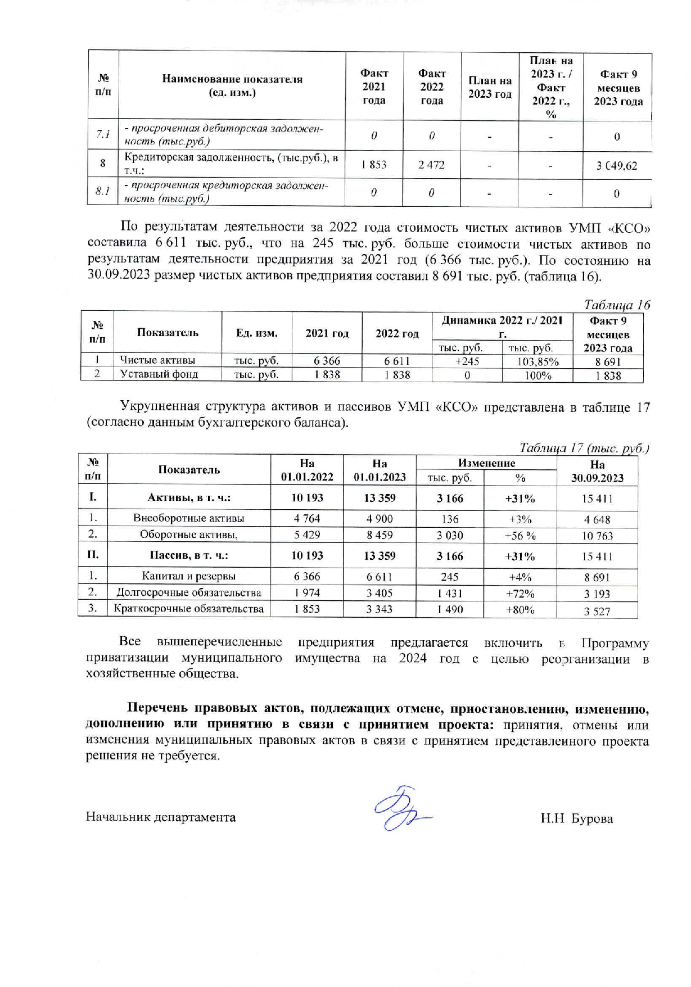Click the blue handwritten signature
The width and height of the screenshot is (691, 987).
[400, 809]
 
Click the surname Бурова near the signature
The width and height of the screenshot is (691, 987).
[592, 818]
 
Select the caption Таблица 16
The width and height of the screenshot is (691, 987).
[617, 305]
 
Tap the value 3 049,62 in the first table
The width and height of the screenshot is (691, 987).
[617, 166]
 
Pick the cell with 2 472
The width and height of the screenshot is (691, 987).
[431, 165]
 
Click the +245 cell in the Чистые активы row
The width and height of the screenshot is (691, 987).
[467, 361]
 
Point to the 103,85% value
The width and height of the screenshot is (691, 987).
[538, 361]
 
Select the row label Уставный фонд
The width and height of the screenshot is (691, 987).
[159, 374]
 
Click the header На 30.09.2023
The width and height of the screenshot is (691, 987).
[597, 471]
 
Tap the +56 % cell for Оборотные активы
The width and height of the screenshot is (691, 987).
[520, 536]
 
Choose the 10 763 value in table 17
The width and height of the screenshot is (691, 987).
[597, 536]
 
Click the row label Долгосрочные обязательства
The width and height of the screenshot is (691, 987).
[188, 592]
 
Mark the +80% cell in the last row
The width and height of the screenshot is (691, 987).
[520, 609]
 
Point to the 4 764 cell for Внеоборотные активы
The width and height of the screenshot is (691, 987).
[307, 519]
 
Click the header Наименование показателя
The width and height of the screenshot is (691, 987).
[232, 85]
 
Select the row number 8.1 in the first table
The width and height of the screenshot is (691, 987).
[102, 192]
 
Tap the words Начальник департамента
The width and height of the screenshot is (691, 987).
[161, 817]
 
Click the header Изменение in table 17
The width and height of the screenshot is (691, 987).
[486, 463]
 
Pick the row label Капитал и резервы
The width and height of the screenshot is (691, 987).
[188, 576]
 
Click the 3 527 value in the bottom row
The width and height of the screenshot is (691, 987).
[597, 611]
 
